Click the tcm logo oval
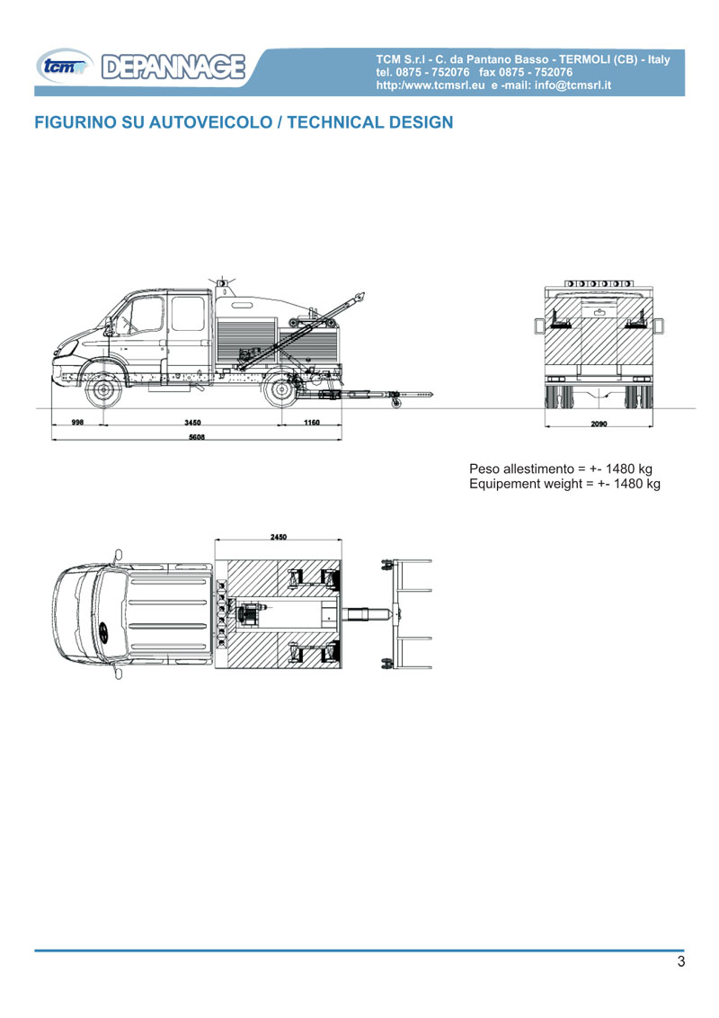64,67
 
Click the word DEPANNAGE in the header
173,67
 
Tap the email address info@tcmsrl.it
573,85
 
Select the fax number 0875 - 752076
536,72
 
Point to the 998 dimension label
77,422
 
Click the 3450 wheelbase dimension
192,422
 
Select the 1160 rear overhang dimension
312,422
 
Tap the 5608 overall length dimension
197,437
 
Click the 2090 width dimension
599,424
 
